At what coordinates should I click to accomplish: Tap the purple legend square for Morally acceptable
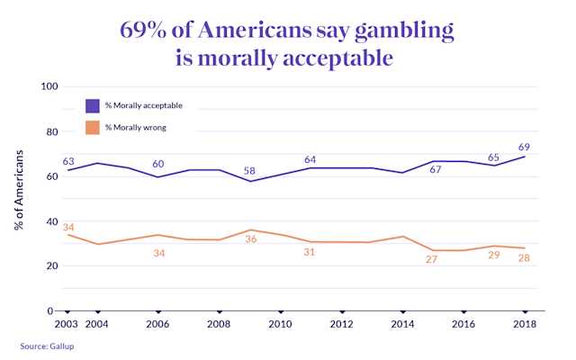click(93, 105)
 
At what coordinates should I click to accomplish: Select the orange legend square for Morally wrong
click(93, 127)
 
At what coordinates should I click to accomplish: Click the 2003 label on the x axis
click(67, 324)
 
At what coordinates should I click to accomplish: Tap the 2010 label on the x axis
click(280, 324)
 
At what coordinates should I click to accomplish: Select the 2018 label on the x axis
click(525, 324)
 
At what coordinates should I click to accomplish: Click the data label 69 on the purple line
click(523, 147)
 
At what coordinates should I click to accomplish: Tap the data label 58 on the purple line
click(249, 170)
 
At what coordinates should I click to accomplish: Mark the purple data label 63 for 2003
click(68, 162)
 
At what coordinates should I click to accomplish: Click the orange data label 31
click(310, 252)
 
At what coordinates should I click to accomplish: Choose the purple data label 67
click(434, 171)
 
